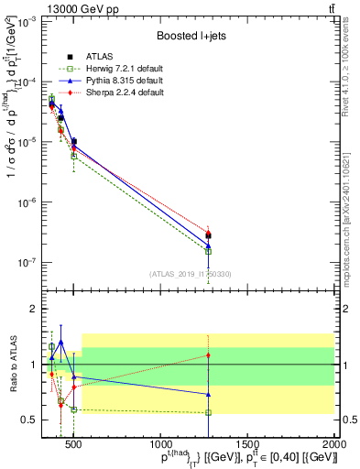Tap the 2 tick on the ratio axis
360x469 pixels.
coord(32,309)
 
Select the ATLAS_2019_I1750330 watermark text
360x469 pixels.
coord(191,273)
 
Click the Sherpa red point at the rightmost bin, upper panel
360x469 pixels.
coord(208,232)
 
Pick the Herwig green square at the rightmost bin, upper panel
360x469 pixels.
coord(208,251)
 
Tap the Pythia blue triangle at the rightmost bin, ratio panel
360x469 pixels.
coord(208,394)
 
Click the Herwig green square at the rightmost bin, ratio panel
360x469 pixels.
coord(208,412)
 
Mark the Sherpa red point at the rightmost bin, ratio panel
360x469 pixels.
coord(208,354)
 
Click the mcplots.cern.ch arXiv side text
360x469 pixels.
coord(352,211)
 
